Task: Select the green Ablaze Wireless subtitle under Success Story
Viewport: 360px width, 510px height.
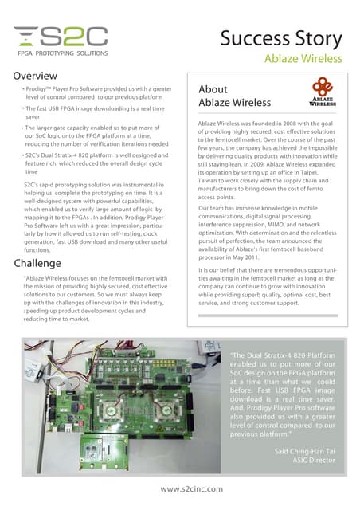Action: [x=303, y=58]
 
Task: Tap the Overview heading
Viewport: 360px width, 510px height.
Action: [x=34, y=75]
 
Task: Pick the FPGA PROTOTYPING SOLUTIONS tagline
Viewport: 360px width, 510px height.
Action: [x=58, y=59]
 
